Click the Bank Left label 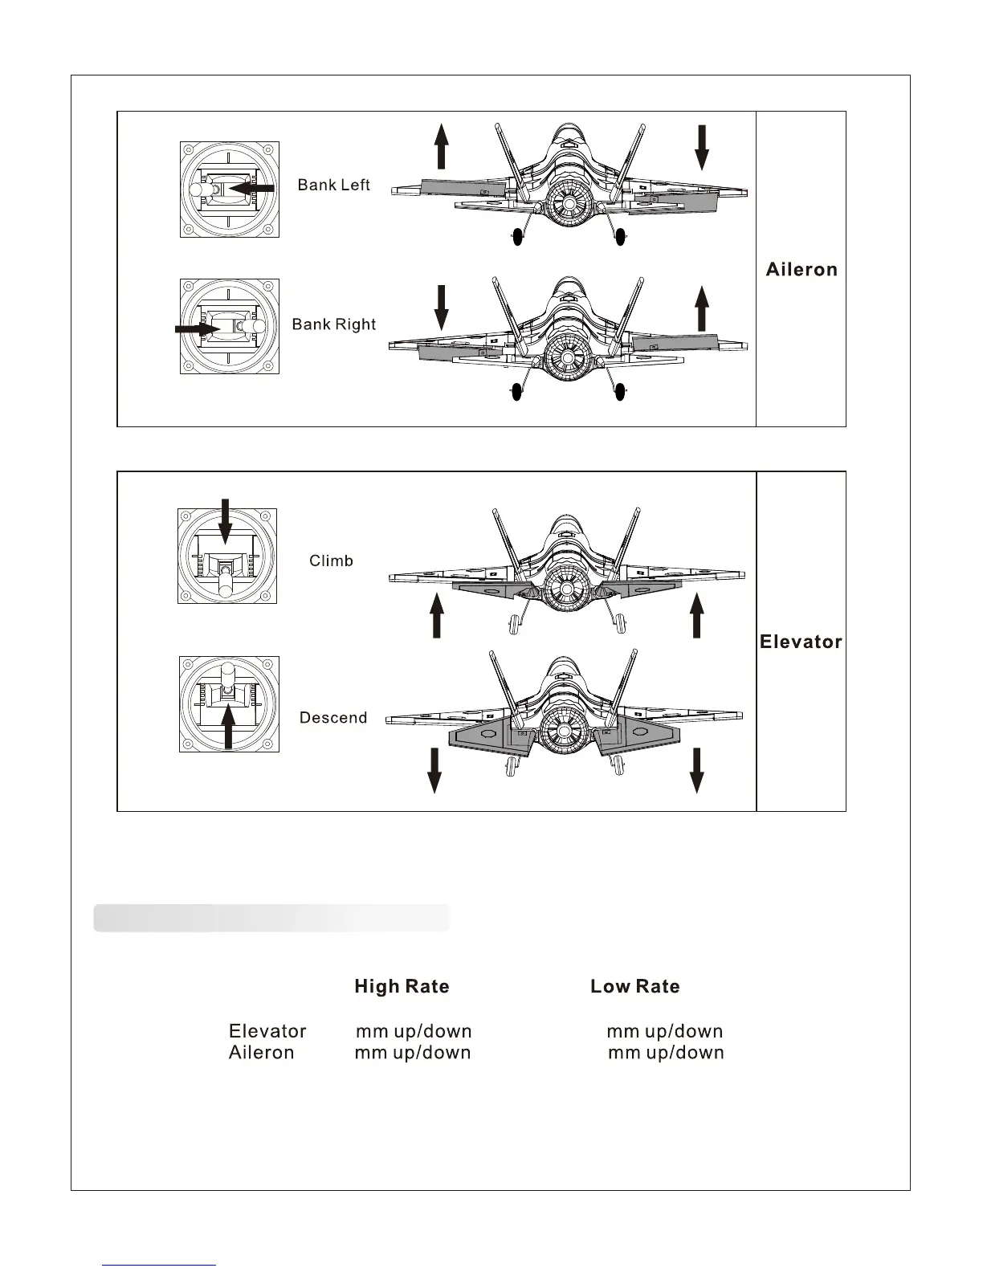(333, 185)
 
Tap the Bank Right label (333, 324)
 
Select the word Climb (331, 561)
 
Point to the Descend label (332, 718)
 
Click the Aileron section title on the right (801, 269)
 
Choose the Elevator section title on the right (801, 642)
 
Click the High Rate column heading (402, 986)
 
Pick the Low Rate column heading (634, 986)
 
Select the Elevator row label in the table (267, 1031)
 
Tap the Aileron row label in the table (261, 1053)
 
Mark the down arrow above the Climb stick (225, 520)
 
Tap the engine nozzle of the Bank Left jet (569, 204)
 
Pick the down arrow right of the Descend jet (696, 770)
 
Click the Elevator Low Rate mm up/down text (664, 1031)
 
